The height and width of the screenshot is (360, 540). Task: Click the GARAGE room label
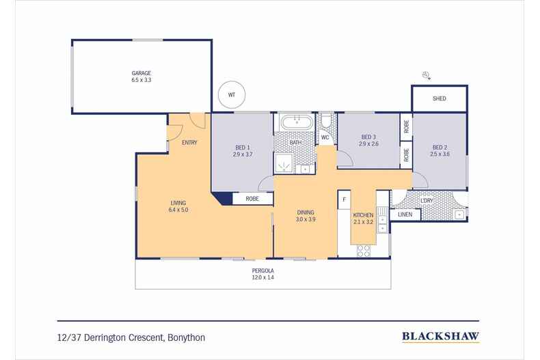[141, 73]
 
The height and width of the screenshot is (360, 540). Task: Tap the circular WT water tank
[232, 95]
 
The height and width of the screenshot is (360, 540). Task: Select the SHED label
[440, 99]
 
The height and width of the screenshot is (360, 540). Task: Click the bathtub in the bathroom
[295, 123]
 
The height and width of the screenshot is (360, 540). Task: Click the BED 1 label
[243, 148]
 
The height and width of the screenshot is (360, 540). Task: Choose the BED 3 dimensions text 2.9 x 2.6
[369, 144]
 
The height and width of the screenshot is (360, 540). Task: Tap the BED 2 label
[440, 148]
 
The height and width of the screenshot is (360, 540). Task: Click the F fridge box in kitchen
[344, 200]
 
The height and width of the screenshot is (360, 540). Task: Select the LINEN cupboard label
[405, 214]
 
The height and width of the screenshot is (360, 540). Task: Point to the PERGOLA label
[263, 271]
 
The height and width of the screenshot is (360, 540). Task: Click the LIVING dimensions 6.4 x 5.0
[178, 210]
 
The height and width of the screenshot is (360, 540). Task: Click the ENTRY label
[189, 142]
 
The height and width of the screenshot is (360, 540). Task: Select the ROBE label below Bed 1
[251, 199]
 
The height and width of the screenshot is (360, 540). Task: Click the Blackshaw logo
[439, 336]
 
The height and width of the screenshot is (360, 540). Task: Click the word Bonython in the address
[187, 337]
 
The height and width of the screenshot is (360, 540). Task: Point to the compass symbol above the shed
[427, 75]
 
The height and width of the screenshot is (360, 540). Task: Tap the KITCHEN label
[363, 214]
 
